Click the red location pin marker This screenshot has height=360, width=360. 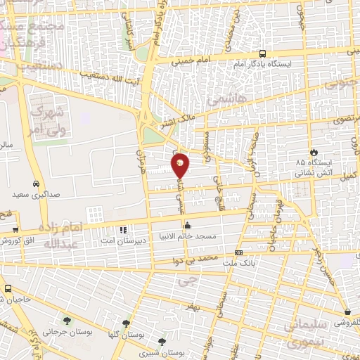pos(180,165)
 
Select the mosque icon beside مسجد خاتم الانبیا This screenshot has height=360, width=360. pos(187,226)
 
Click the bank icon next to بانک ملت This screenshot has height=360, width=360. pos(238,252)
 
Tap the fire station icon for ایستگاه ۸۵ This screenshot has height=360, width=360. pos(313,151)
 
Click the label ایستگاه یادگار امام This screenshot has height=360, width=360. pos(298,63)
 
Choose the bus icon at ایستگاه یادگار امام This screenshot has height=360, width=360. pos(262,53)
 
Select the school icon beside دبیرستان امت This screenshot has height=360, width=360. pos(123,229)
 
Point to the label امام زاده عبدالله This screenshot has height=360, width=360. pos(63,236)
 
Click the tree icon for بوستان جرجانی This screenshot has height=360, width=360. pos(67,321)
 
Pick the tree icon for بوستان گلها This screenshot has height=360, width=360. pos(126,323)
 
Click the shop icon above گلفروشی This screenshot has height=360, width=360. pos(347,312)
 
